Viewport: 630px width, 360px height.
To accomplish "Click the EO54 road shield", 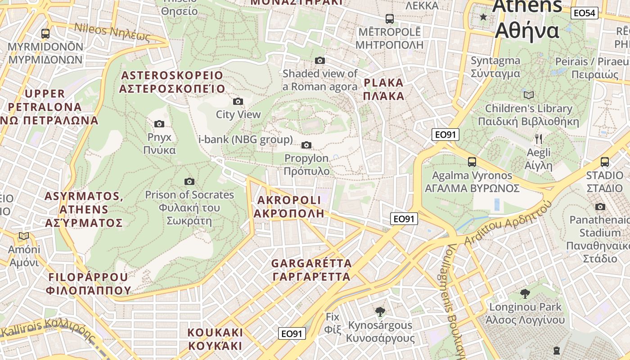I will pos(584,13).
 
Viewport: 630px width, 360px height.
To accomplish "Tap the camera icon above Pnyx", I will pos(159,124).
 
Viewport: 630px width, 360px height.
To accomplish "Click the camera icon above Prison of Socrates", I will pos(189,181).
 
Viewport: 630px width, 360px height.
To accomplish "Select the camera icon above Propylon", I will pos(306,145).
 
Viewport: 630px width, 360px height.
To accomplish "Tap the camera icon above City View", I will pos(238,101).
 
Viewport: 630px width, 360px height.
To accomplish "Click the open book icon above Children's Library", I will pos(529,95).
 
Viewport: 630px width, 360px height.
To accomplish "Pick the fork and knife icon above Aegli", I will pos(538,139).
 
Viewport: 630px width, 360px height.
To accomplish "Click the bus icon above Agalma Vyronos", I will pos(472,162).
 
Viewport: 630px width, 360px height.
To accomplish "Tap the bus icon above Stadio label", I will pos(605,162).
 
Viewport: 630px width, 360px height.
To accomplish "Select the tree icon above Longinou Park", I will pos(525,294).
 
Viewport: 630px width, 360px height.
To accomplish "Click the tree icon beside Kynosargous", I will pos(380,311).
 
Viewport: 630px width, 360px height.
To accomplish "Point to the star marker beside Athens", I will pos(483,17).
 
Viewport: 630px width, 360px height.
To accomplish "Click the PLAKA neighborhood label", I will pos(383,89).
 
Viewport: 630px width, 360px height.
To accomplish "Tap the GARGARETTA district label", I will pos(311,270).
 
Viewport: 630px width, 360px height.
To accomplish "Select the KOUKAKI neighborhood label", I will pos(215,339).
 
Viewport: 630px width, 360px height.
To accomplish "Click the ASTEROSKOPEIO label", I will pos(172,81).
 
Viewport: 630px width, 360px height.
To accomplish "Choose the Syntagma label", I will pos(495,67).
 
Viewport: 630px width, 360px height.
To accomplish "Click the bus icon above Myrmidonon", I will pos(45,33).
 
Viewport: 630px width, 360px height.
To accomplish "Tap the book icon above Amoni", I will pos(23,236).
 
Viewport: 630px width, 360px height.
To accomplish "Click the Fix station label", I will pos(333,323).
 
